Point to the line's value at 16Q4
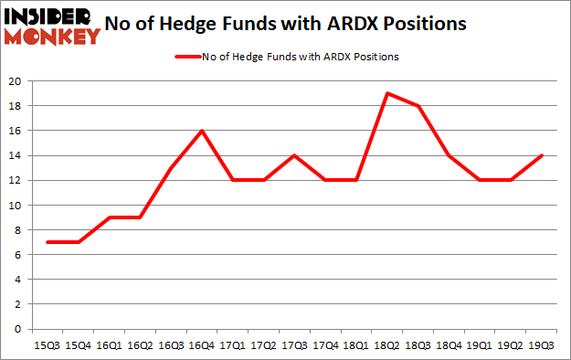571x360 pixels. (202, 131)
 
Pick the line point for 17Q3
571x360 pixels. (297, 155)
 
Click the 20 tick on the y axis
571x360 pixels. (18, 81)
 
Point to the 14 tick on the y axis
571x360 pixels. (18, 155)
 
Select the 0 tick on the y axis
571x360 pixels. (21, 329)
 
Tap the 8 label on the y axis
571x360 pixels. (21, 229)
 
